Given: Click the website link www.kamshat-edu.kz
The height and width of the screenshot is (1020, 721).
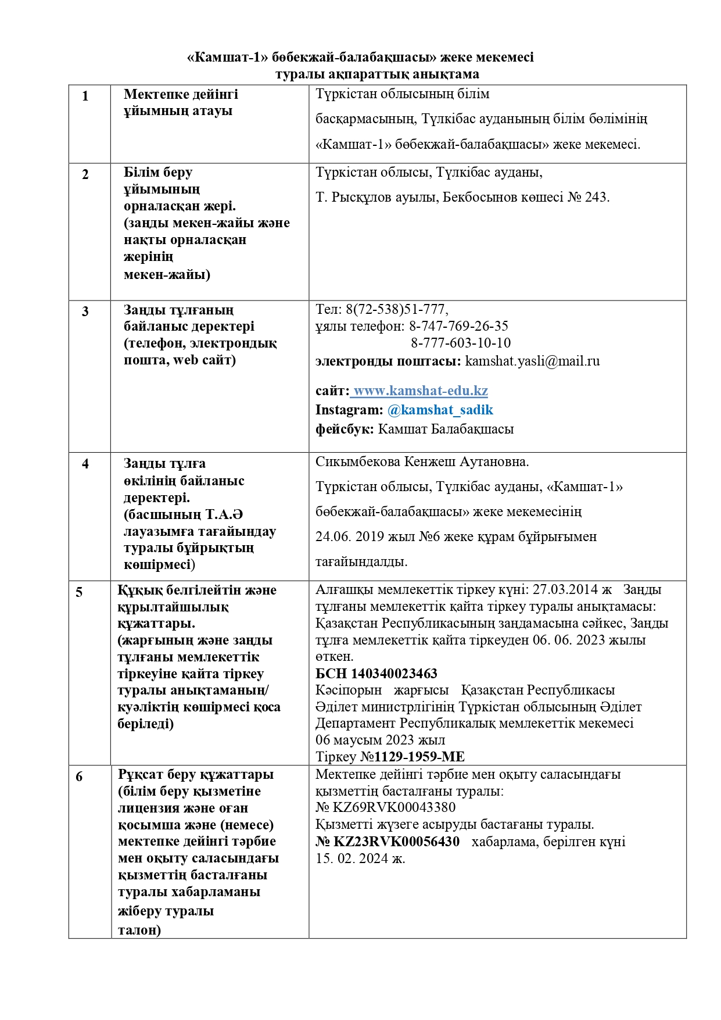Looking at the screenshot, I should pos(421,391).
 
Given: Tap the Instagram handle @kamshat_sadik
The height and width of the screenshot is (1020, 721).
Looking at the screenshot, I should pos(440,410).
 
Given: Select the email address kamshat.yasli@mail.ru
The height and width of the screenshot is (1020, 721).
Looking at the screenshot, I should pos(532,361).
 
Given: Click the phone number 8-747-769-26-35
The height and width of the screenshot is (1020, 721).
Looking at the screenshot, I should pos(458,326).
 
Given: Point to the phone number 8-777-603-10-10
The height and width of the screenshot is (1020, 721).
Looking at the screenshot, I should pos(461,343).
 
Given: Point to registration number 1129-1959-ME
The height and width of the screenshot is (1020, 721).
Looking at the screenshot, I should pos(419,757).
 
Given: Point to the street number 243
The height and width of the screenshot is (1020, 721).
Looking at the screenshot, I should pos(596,197).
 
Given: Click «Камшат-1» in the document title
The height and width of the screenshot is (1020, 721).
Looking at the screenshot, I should pos(228,57).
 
